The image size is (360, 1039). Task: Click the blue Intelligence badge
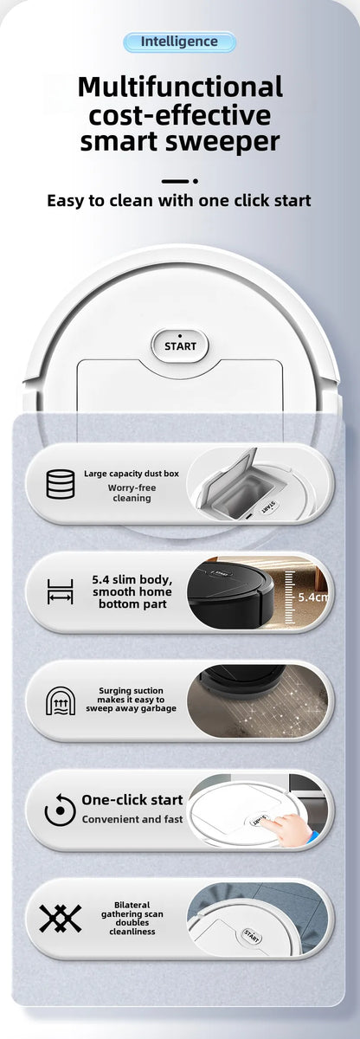pos(179,42)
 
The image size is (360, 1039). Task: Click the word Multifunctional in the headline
pos(180,87)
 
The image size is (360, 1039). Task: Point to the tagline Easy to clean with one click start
pos(179,201)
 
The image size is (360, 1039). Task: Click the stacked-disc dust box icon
pos(61,484)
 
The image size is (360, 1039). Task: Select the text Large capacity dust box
pos(132,474)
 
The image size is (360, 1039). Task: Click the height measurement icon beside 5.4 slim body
pos(61,591)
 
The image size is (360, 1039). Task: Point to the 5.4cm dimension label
pos(312,597)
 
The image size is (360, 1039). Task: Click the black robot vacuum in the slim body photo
pos(229,593)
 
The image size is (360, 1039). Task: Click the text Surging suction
pos(131,691)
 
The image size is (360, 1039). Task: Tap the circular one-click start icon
pos(61,810)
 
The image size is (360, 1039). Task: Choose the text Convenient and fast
pos(132,819)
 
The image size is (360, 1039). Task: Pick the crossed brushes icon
pos(61,918)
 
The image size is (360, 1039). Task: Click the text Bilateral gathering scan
pos(132,909)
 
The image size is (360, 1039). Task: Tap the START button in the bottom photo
pos(251,934)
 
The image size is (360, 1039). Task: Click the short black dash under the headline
pos(176,181)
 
